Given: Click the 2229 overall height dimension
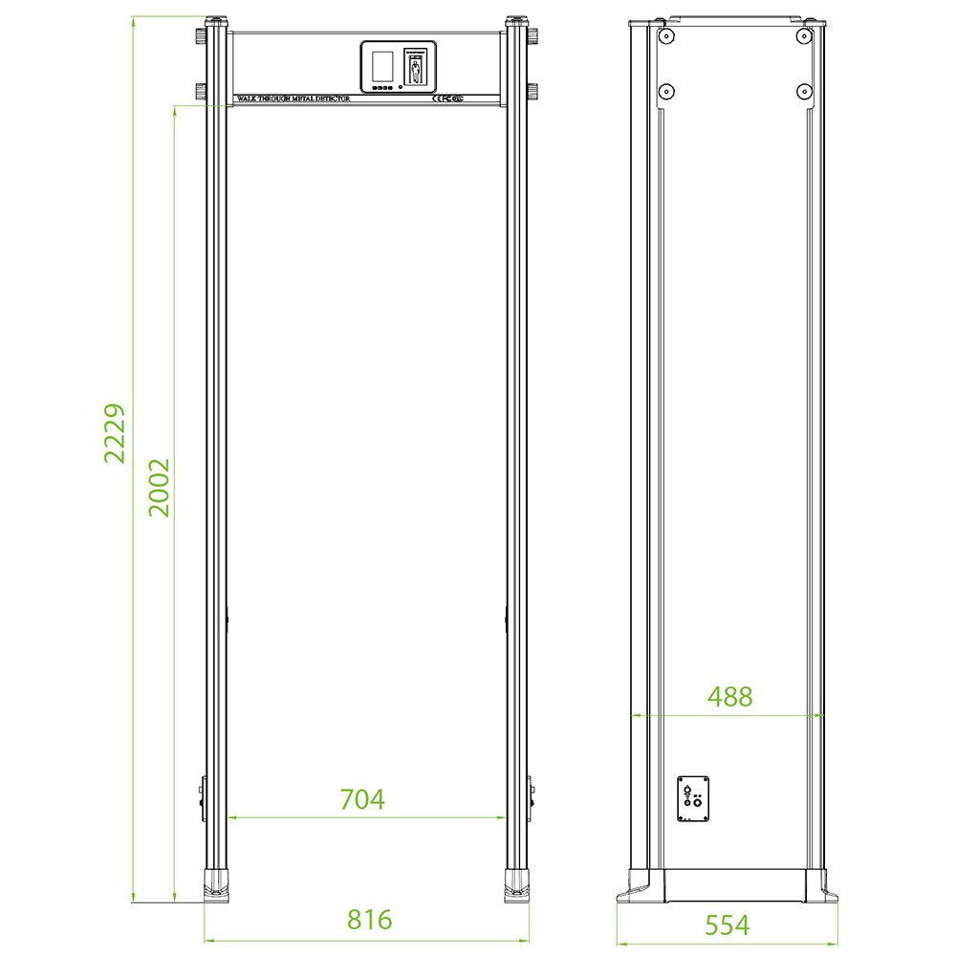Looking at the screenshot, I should pos(116,433).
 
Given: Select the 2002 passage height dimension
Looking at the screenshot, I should pos(160,488).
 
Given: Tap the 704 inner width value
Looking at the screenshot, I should pos(362,799).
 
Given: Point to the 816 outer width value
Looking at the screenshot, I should pos(369,920).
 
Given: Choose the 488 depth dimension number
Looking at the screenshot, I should pos(729,697).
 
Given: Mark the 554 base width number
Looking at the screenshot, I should pos(727,924).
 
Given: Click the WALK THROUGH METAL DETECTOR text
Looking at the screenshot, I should pos(293,98).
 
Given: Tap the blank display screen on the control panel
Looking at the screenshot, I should pos(381,66).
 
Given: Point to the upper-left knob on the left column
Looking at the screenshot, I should pos(201,36).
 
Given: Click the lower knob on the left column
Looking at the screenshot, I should pos(201,92).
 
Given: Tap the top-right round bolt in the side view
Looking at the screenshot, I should pos(803,35).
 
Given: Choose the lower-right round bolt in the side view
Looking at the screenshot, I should pos(803,92).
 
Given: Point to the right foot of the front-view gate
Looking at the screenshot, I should pos(517,884).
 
